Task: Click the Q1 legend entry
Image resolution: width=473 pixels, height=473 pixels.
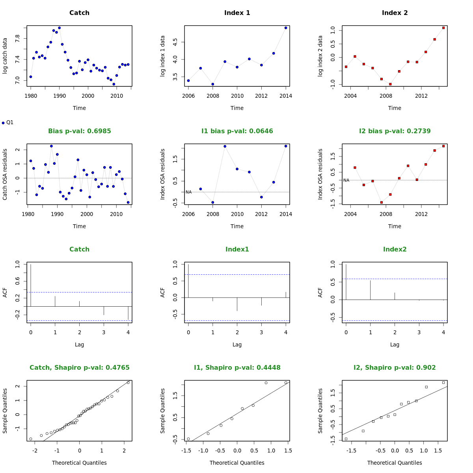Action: pyautogui.click(x=8, y=123)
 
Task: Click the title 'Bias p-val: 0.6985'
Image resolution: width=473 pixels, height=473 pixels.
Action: pyautogui.click(x=79, y=131)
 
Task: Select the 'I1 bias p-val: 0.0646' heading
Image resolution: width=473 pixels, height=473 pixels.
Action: pyautogui.click(x=237, y=131)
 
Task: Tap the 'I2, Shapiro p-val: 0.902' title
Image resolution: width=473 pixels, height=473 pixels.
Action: pyautogui.click(x=395, y=368)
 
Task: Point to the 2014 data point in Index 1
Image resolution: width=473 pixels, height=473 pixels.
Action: pyautogui.click(x=286, y=28)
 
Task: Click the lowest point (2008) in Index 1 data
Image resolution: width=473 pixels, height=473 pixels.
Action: pyautogui.click(x=213, y=84)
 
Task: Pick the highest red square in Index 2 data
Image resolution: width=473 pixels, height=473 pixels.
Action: pyautogui.click(x=443, y=28)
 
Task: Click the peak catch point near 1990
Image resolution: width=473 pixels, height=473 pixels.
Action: pyautogui.click(x=59, y=28)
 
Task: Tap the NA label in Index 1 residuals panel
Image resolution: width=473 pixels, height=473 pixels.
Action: pyautogui.click(x=188, y=192)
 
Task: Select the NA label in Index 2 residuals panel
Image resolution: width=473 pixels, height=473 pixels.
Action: pyautogui.click(x=346, y=181)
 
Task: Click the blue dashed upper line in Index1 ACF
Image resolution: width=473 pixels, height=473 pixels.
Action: pyautogui.click(x=237, y=274)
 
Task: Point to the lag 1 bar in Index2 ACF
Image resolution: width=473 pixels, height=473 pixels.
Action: pyautogui.click(x=370, y=290)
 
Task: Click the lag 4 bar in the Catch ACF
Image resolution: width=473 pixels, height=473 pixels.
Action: pyautogui.click(x=128, y=313)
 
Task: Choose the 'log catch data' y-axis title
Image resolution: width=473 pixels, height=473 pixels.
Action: pyautogui.click(x=5, y=56)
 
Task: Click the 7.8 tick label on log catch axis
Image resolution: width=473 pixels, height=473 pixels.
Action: pyautogui.click(x=17, y=39)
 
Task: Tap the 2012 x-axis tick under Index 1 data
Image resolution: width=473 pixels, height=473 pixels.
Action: pyautogui.click(x=261, y=96)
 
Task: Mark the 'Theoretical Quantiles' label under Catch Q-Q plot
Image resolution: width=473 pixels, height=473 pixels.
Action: pyautogui.click(x=79, y=463)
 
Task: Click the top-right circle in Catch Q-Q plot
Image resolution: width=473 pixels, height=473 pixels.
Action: pyautogui.click(x=128, y=382)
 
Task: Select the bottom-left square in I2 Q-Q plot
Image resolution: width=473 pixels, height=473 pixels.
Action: pyautogui.click(x=346, y=439)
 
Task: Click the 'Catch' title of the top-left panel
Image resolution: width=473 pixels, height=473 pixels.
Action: pyautogui.click(x=79, y=13)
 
